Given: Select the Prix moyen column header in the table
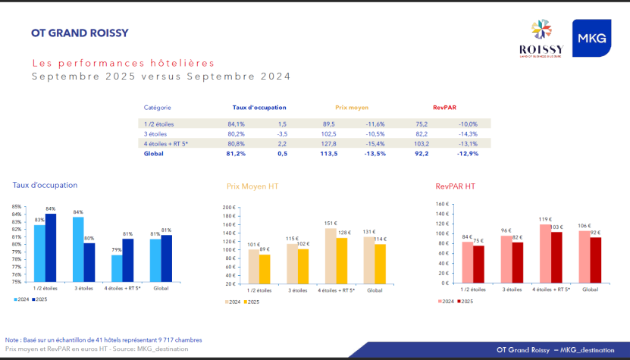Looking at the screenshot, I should tap(351, 108).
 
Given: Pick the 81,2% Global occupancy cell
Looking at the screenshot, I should tap(236, 153).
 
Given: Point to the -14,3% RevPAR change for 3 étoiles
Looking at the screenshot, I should tap(467, 133).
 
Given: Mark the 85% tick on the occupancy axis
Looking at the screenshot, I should tap(16, 206).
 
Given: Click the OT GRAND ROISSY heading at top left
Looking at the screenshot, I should tap(80, 33).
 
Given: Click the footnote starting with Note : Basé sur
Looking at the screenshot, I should tap(104, 340).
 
